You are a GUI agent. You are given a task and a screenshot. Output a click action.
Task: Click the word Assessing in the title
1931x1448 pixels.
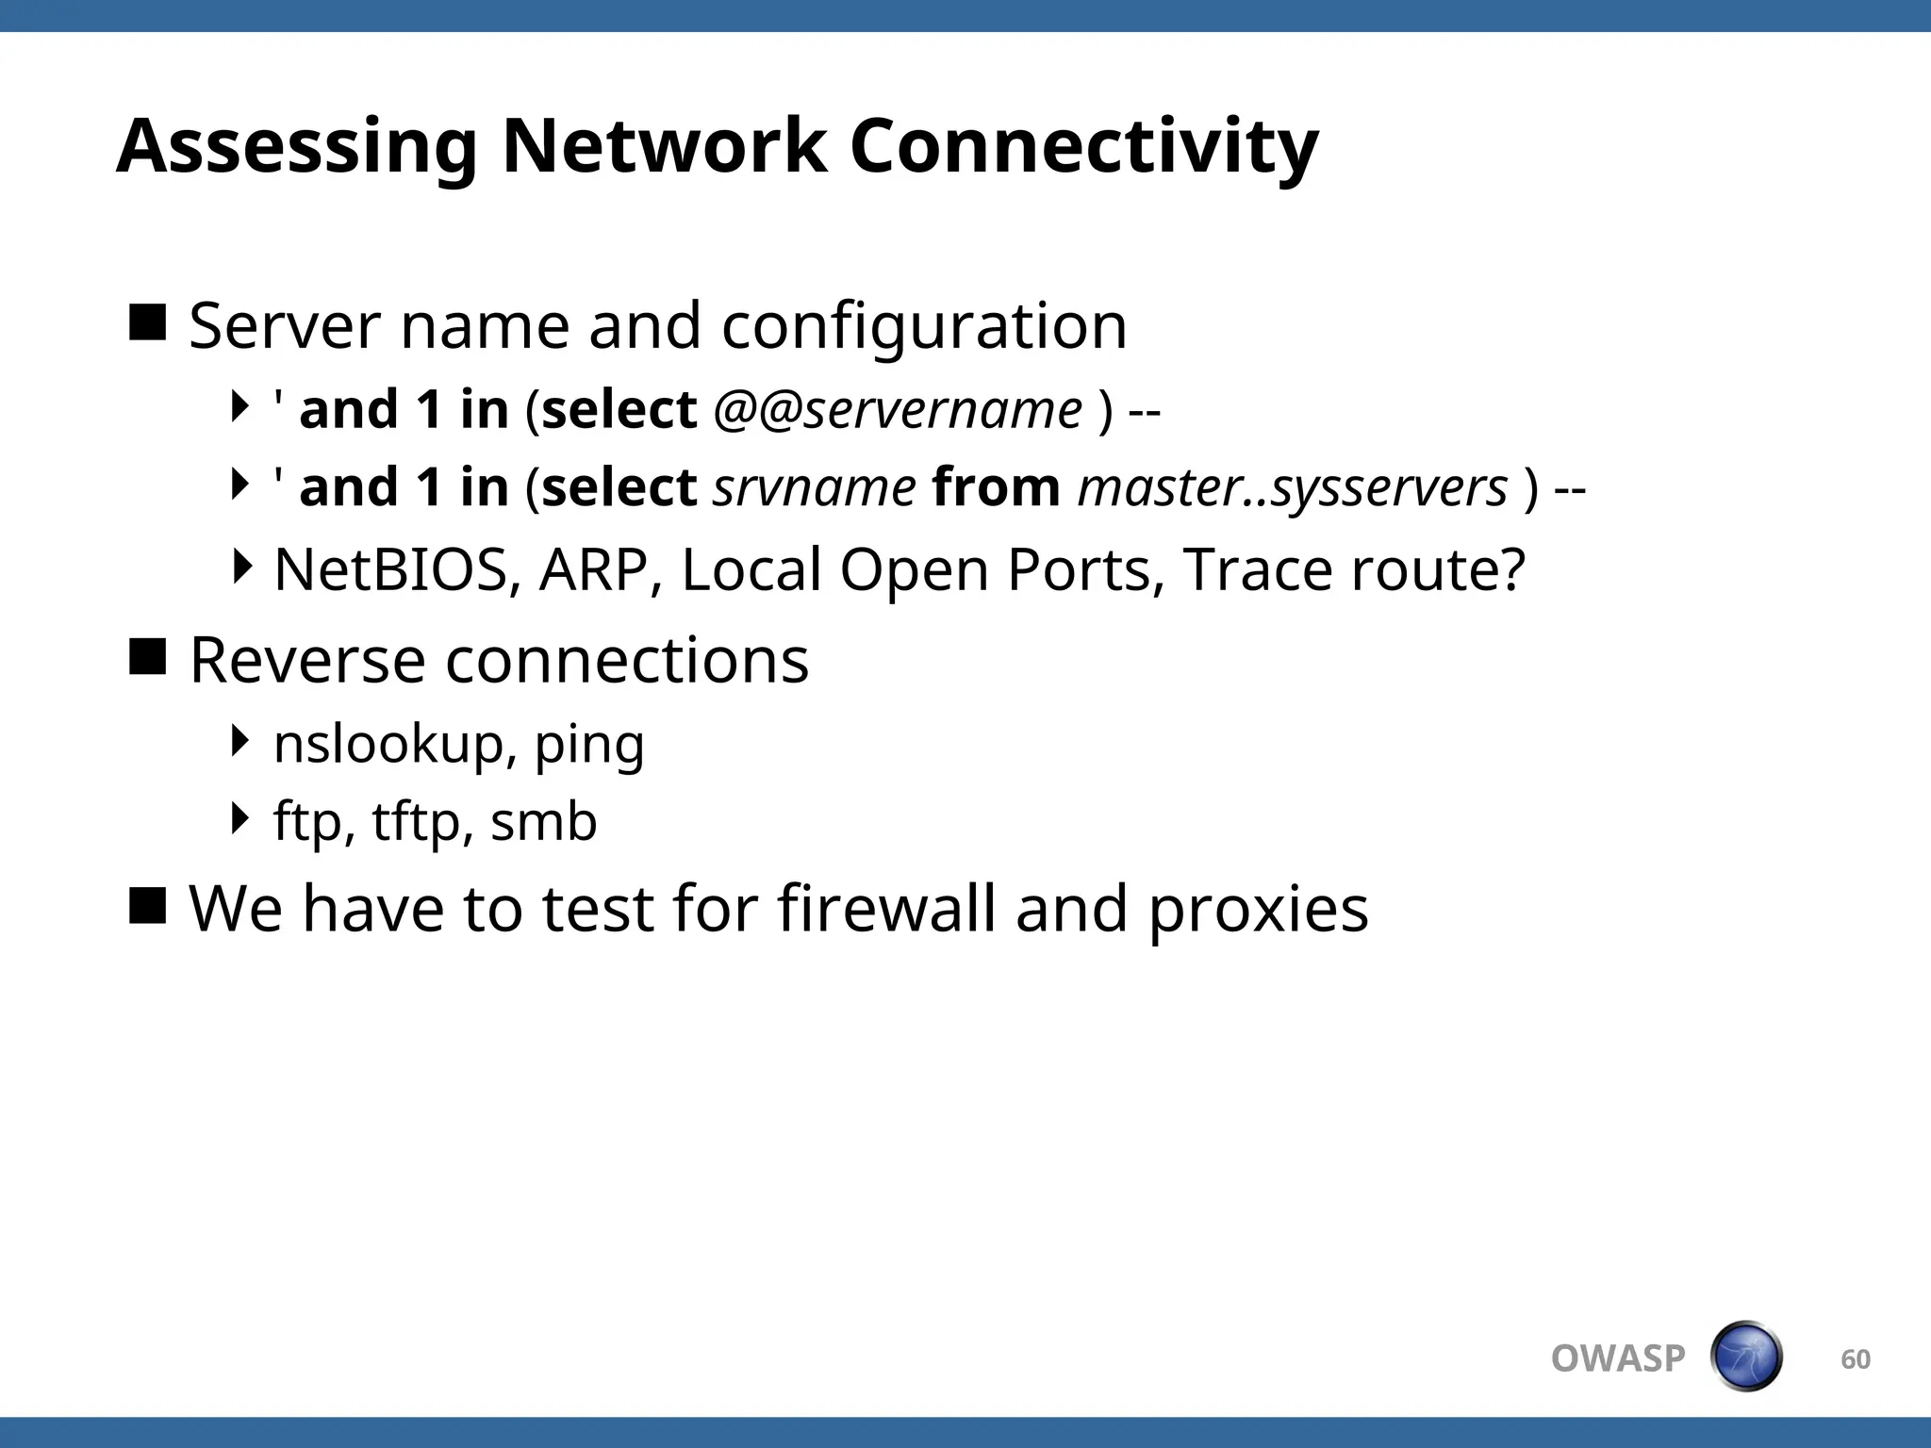[297, 147]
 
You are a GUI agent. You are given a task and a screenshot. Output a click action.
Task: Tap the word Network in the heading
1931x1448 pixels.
[664, 147]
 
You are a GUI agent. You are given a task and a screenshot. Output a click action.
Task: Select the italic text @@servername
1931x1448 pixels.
[898, 410]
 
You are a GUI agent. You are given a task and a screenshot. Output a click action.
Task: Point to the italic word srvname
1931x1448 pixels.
[814, 488]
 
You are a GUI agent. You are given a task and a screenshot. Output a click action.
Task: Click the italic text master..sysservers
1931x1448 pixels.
[1293, 488]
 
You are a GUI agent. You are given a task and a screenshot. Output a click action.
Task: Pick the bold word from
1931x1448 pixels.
[996, 488]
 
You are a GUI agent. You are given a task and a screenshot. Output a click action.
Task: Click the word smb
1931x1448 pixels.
[544, 822]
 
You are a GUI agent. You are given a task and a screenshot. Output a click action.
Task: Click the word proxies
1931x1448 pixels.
[1258, 911]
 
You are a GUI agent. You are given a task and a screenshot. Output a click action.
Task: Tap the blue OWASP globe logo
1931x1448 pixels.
[1745, 1357]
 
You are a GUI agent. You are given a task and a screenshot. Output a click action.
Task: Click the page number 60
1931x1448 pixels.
[1855, 1358]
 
